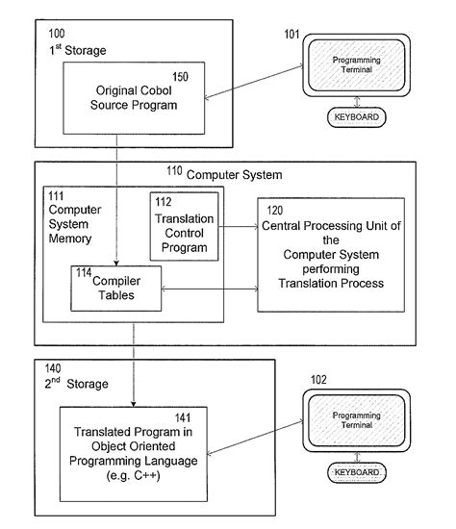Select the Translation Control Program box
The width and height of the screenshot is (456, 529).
coord(184,227)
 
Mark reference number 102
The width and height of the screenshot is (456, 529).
coord(317,379)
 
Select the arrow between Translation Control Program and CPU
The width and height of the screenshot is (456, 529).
coord(237,227)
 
